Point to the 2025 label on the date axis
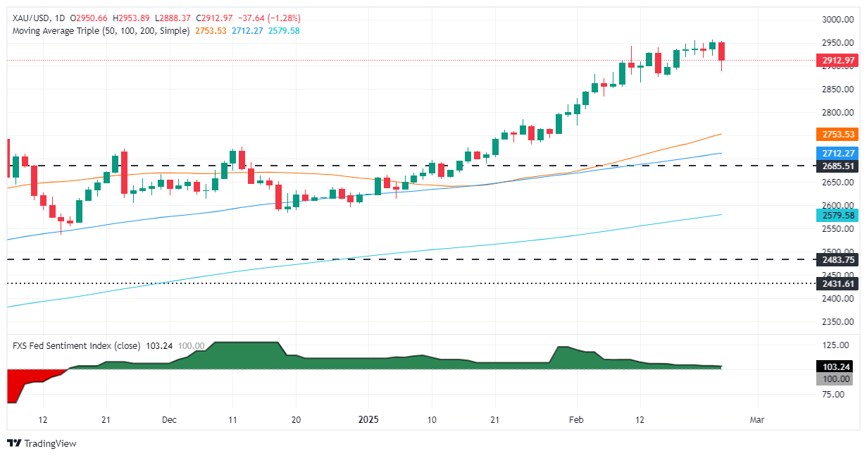coord(368,419)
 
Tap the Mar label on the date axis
coord(757,419)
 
